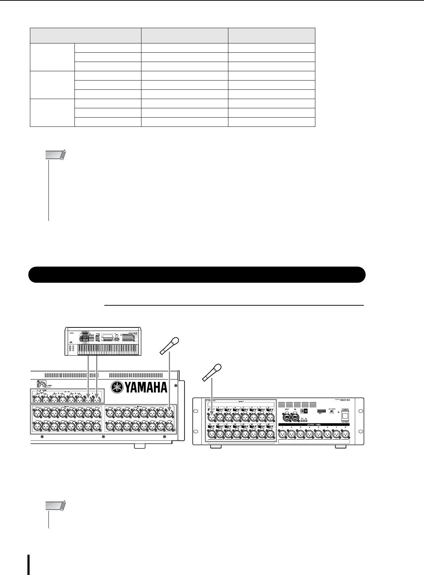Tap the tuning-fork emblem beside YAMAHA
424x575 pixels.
118,387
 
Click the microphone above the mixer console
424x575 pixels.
169,345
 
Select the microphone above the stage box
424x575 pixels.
211,372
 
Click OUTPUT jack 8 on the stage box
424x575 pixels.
345,434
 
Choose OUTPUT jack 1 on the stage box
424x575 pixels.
282,434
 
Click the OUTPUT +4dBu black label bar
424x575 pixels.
314,425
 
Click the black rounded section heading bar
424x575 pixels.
197,275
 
